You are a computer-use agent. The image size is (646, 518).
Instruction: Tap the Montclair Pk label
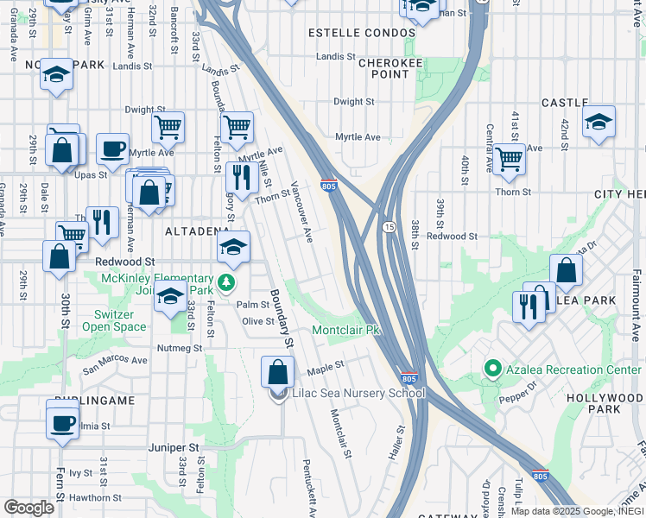click(x=345, y=331)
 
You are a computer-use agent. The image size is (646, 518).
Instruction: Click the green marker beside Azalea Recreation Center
click(x=493, y=370)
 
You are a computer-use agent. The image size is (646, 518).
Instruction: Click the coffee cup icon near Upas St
click(x=112, y=149)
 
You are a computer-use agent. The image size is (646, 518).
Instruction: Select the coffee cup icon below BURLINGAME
click(x=63, y=424)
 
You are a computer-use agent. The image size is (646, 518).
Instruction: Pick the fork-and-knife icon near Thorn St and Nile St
click(x=241, y=177)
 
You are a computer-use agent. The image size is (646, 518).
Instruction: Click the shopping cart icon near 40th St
click(x=510, y=159)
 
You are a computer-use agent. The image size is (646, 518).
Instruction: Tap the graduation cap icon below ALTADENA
click(x=233, y=247)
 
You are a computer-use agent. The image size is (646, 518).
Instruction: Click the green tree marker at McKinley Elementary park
click(x=226, y=283)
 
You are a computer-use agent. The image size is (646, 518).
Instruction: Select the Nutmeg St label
click(x=179, y=348)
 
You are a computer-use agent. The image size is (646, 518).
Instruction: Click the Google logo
click(x=28, y=508)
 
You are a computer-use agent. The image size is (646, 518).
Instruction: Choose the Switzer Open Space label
click(x=114, y=320)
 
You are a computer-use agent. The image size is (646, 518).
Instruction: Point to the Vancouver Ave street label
click(x=301, y=212)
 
